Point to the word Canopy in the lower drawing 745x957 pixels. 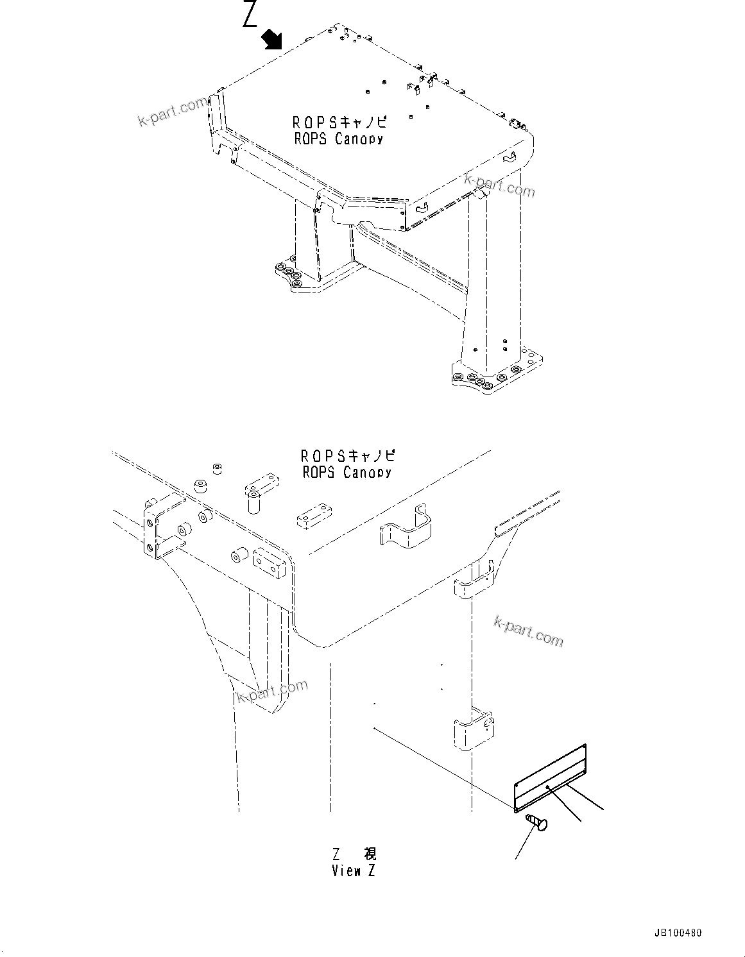[366, 473]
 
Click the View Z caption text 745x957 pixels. [354, 871]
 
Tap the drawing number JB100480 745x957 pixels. [682, 934]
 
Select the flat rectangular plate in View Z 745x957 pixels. [551, 777]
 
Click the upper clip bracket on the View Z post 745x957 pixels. [474, 581]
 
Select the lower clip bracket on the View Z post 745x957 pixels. [474, 729]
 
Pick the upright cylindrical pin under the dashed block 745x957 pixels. [253, 499]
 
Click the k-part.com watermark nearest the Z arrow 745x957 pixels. [173, 112]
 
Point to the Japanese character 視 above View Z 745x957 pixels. [370, 854]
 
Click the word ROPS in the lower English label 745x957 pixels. [319, 473]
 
